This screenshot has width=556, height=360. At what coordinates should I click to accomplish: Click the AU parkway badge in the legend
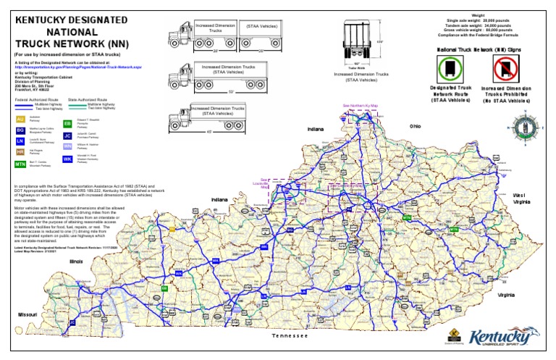coord(20,118)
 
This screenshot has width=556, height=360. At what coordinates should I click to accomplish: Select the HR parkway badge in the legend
coord(20,152)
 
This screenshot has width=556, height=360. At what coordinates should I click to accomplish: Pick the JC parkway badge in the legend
coord(67,135)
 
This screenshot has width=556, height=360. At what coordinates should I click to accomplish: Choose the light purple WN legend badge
coord(67,146)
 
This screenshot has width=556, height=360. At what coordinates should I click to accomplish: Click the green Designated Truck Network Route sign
coord(446,70)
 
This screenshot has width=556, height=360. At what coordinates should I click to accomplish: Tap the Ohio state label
coord(415,126)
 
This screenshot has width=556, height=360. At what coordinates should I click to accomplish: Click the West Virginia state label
coord(519,200)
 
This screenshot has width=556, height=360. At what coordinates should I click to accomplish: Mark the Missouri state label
coord(28,315)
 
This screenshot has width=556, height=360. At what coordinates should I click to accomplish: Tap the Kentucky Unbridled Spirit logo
coord(504,338)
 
